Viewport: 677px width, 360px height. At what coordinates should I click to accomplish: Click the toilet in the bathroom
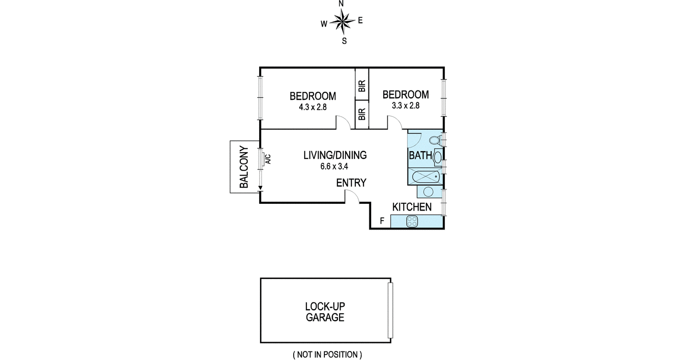click(435, 140)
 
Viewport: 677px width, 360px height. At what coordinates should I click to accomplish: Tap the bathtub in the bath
click(426, 176)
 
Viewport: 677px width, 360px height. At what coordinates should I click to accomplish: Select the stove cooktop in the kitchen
click(412, 221)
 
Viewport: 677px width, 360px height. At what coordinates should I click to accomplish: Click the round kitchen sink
click(428, 192)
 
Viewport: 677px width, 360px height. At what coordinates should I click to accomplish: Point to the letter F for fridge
click(382, 221)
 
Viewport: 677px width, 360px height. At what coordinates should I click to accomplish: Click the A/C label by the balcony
click(268, 159)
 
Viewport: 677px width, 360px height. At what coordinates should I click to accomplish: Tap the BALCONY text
click(244, 167)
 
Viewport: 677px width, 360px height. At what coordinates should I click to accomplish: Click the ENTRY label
click(351, 183)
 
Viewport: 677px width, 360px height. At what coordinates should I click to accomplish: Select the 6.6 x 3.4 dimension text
click(334, 166)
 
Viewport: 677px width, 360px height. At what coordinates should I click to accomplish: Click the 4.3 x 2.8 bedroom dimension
click(313, 107)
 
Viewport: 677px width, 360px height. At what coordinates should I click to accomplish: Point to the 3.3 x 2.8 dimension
click(406, 106)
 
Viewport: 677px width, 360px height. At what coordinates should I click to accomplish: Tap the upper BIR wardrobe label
click(362, 86)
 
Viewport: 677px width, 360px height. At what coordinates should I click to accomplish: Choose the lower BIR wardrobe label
click(362, 114)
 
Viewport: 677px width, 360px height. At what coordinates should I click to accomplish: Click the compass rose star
click(342, 21)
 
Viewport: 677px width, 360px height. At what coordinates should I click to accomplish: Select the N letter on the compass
click(341, 4)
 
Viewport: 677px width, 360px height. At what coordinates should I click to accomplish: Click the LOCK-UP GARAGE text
click(325, 312)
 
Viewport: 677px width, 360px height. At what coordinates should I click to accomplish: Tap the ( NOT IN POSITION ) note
click(327, 355)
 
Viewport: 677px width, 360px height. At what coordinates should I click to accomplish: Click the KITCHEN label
click(412, 207)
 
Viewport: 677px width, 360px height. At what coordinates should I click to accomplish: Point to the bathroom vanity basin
click(438, 157)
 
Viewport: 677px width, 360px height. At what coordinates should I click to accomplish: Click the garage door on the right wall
click(390, 310)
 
